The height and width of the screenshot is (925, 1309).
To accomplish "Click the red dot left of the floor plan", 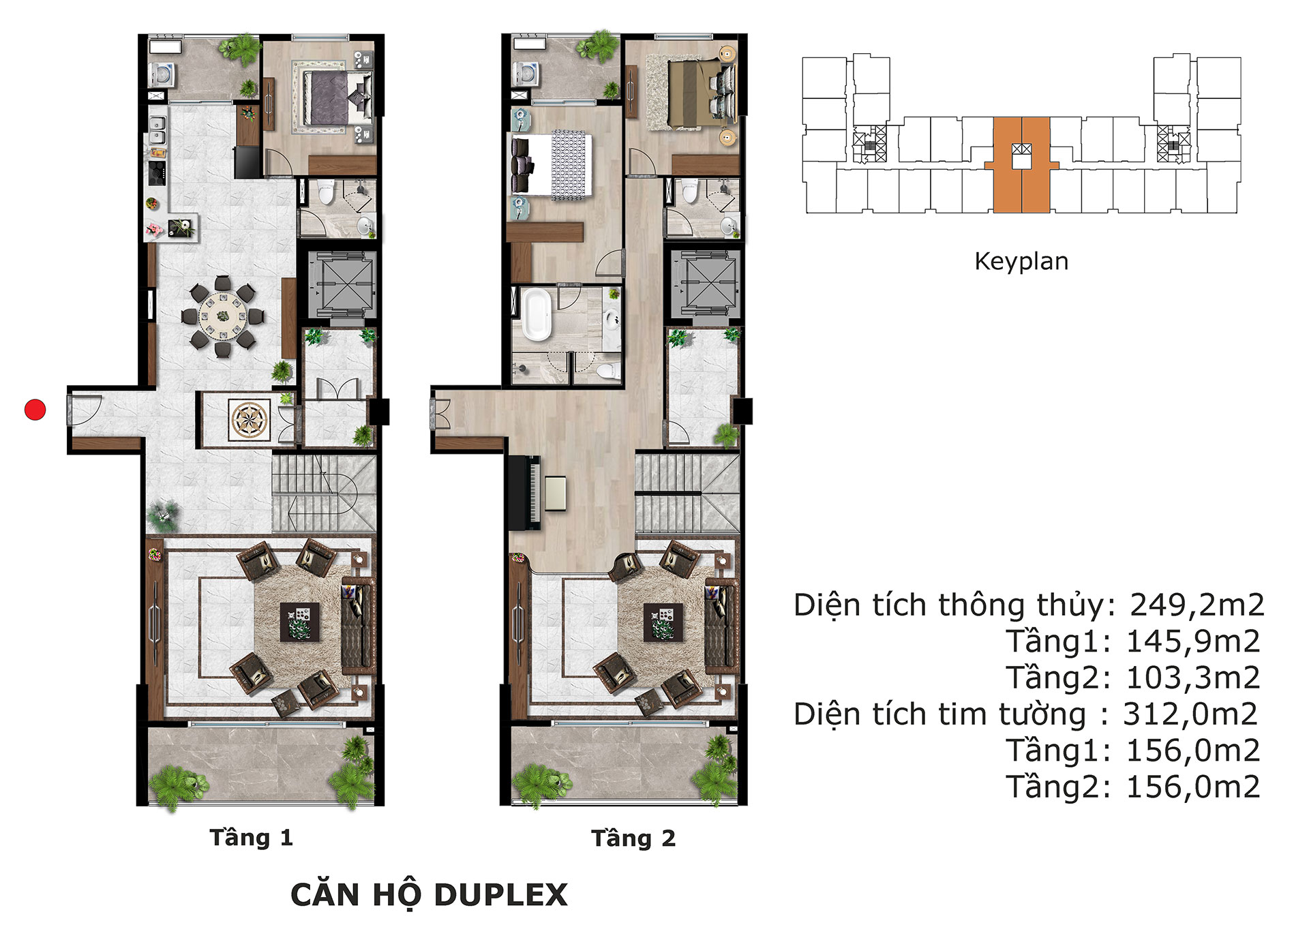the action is point(35,410).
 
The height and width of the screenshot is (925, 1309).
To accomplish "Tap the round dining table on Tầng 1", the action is point(223,316).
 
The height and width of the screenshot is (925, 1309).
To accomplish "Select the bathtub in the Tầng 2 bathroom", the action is point(537,315).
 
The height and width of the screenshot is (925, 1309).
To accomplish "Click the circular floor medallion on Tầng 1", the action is point(250,419).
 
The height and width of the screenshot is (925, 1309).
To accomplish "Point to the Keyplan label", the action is point(1021,261).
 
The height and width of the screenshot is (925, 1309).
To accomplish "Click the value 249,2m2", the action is point(1197,605).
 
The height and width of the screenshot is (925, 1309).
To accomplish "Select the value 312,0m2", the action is point(1190,714).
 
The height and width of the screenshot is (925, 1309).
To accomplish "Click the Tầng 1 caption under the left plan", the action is point(251,837).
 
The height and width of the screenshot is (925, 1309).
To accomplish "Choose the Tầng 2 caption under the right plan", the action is point(633,838).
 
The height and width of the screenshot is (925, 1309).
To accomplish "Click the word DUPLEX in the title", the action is point(500,895).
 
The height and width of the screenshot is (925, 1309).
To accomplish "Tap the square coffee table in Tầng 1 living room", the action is point(299,621).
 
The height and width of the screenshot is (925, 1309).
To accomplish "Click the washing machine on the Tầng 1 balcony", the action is point(163,74).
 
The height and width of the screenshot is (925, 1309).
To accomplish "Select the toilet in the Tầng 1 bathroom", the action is point(326,192).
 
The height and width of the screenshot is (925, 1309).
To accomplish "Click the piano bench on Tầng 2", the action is point(555,494).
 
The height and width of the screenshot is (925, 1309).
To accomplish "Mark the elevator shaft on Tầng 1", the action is point(342,284).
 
